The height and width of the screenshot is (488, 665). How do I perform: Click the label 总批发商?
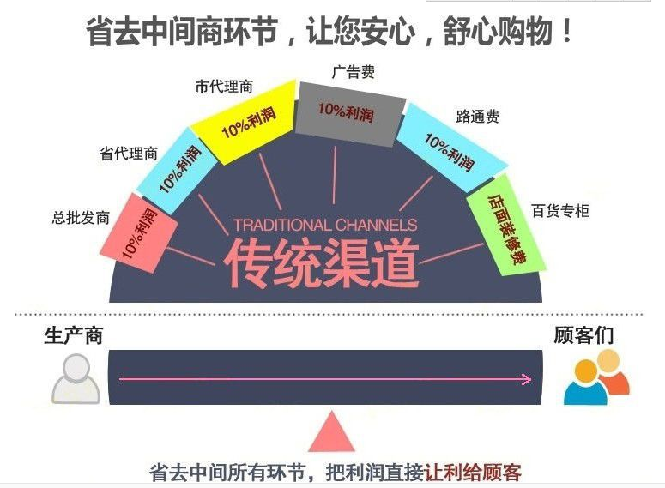(x=81, y=218)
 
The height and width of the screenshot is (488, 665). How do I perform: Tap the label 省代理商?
(x=129, y=153)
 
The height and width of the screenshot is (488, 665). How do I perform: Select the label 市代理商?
(x=224, y=87)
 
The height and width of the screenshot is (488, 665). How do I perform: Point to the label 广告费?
(x=354, y=72)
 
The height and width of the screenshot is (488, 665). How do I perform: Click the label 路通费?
(x=478, y=116)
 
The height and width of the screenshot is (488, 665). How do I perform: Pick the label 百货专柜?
(x=560, y=210)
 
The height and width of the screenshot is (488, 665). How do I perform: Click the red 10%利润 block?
(x=139, y=232)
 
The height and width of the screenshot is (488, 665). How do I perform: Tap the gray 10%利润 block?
(x=349, y=113)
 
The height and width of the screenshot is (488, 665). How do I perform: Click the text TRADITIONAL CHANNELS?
(x=325, y=225)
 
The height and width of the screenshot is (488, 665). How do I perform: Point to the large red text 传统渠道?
(x=322, y=263)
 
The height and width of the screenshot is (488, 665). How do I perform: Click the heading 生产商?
(x=74, y=335)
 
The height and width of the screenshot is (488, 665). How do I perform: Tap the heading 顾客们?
(x=583, y=335)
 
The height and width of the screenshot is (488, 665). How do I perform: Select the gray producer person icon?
(x=76, y=378)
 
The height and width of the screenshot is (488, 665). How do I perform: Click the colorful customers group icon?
(x=596, y=377)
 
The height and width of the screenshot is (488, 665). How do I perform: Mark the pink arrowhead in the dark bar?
(x=526, y=379)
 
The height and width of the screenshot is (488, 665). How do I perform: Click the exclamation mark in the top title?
(x=566, y=31)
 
